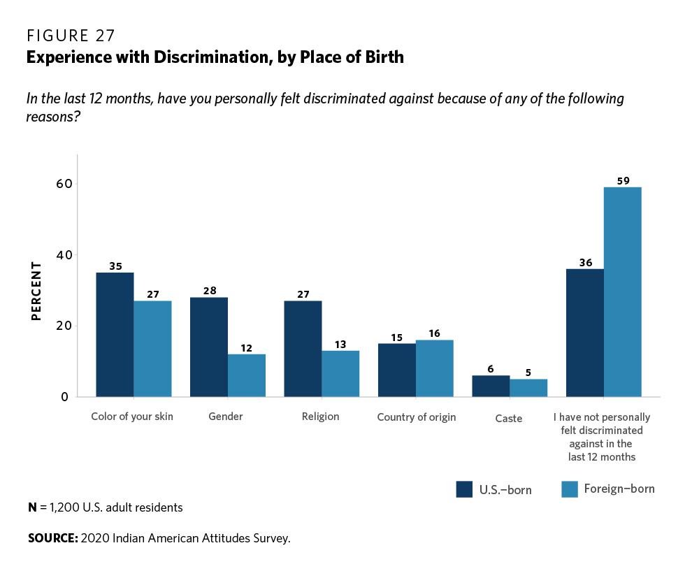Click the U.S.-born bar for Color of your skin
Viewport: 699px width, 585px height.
[x=115, y=334]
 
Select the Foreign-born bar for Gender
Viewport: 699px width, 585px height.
[x=247, y=375]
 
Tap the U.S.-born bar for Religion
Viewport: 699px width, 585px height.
[x=303, y=348]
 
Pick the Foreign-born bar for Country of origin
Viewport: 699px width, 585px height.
[x=435, y=368]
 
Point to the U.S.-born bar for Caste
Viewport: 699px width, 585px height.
[x=491, y=386]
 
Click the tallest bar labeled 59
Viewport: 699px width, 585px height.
[x=623, y=291]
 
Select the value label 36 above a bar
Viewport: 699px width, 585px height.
[x=585, y=263]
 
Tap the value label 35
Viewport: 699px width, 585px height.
[x=115, y=266]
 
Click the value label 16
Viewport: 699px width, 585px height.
[x=435, y=333]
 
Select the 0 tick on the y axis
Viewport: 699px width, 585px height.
[x=64, y=397]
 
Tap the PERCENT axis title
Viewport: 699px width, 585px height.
[x=36, y=291]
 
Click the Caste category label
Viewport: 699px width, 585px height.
[x=509, y=418]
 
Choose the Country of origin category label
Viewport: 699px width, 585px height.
[x=416, y=417]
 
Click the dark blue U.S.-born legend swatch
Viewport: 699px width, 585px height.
[x=465, y=489]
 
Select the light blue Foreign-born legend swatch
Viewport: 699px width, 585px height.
[x=570, y=489]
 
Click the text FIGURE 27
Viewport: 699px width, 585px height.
[x=71, y=36]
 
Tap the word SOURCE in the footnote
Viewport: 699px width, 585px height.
[x=52, y=538]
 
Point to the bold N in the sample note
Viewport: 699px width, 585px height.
[x=32, y=507]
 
